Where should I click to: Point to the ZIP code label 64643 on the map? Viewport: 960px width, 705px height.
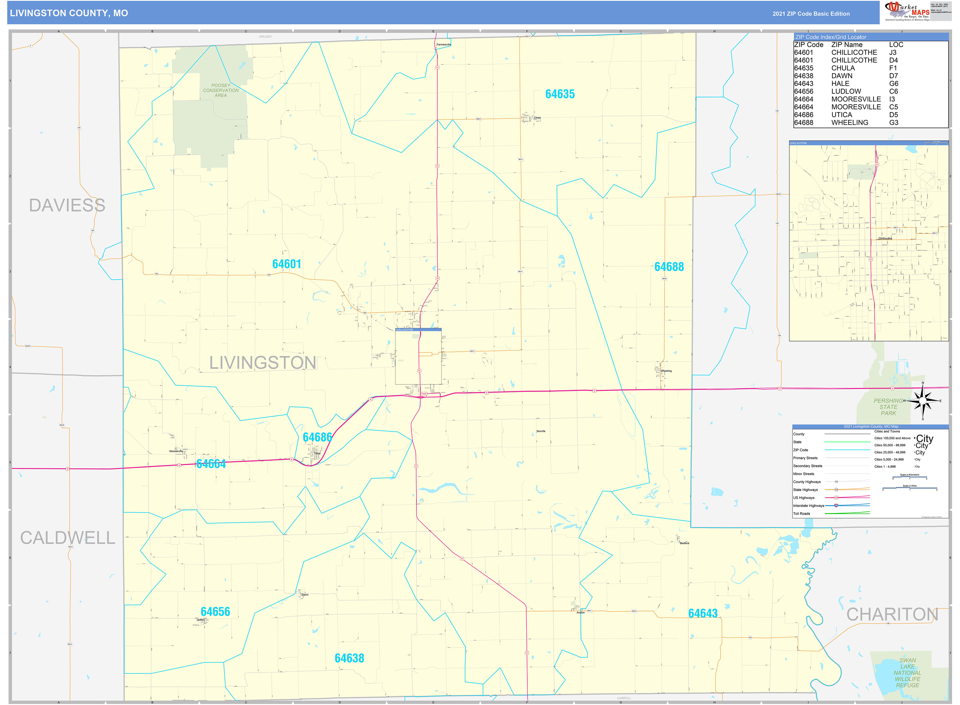pos(703,613)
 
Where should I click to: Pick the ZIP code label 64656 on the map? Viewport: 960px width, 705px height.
pos(215,611)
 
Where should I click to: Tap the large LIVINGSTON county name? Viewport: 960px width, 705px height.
pos(262,363)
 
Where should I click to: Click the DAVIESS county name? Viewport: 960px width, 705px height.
pos(67,205)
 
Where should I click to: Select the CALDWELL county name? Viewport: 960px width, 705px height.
pos(68,538)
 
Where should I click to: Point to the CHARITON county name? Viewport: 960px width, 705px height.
pos(892,614)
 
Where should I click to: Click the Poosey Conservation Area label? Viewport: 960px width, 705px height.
pos(221,91)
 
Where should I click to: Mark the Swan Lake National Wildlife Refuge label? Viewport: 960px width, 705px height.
pos(907,672)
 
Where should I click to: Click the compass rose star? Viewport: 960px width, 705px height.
pos(923,401)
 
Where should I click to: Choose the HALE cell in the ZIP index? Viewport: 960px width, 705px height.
pos(840,84)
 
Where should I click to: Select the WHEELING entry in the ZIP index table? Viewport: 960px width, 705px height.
pos(849,123)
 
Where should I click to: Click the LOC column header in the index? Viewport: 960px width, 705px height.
pos(896,45)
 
